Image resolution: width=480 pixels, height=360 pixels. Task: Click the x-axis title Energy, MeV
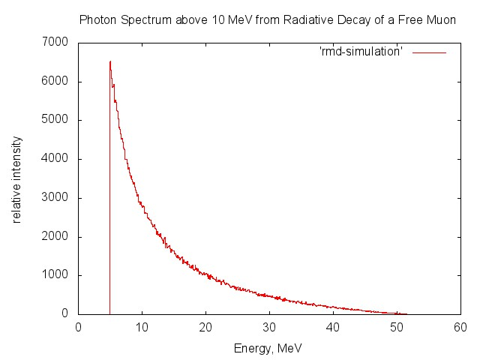(x=268, y=348)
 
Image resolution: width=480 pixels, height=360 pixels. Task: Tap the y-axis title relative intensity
(x=16, y=179)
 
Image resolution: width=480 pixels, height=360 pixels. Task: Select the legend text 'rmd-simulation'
(x=361, y=52)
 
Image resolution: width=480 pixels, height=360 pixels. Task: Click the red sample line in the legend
(x=429, y=52)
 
